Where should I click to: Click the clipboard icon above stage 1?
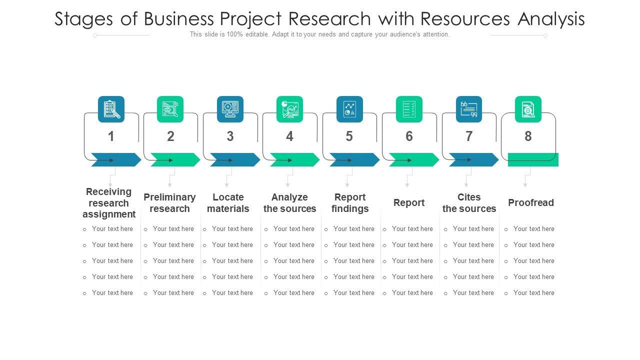[111, 109]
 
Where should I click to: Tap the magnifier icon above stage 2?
[170, 109]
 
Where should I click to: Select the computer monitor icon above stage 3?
[230, 109]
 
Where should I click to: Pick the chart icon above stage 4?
[289, 109]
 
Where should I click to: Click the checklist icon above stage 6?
[409, 109]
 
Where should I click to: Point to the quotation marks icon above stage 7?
[469, 109]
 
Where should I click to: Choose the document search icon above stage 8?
[528, 109]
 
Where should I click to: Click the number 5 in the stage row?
[349, 136]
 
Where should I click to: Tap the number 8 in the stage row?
[528, 136]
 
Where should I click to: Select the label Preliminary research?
[169, 203]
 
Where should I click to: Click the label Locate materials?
[228, 203]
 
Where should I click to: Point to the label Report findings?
[350, 203]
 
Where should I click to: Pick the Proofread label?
[531, 202]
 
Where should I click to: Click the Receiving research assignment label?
[109, 203]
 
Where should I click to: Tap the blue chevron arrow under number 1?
[116, 160]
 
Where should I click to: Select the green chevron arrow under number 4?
[294, 160]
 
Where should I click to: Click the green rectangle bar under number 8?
[533, 160]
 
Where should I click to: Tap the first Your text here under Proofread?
[533, 229]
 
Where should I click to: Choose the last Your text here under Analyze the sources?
[293, 293]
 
